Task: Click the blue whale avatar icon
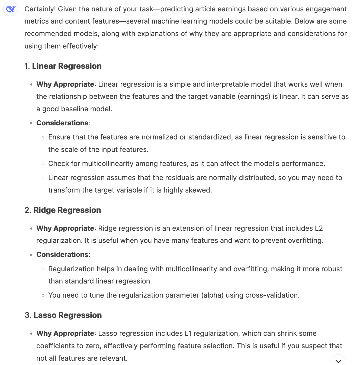[11, 9]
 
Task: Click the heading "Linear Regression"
[67, 66]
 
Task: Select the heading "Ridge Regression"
[67, 210]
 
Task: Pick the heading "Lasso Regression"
[67, 315]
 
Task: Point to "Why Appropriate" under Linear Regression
[65, 84]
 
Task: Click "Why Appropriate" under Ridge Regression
[65, 228]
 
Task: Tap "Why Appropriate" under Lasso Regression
[65, 333]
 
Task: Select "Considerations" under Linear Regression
[62, 123]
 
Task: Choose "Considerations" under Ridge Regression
[62, 255]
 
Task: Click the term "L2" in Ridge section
[319, 228]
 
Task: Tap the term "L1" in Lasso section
[188, 333]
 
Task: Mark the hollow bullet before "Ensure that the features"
[43, 137]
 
